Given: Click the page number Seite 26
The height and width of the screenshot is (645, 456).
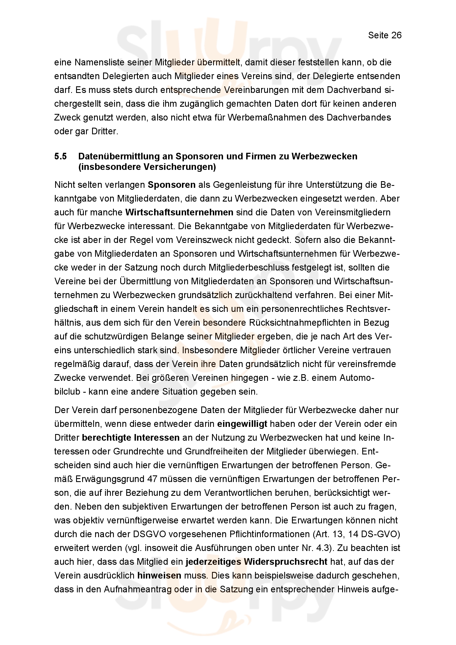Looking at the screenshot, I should tap(385, 35).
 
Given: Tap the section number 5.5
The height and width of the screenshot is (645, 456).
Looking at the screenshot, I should tap(60, 156).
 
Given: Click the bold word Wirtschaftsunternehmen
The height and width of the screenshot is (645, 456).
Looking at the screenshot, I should tap(179, 212).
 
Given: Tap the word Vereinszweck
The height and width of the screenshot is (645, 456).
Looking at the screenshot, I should tap(204, 240).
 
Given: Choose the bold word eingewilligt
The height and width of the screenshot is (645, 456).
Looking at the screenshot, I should tap(242, 424).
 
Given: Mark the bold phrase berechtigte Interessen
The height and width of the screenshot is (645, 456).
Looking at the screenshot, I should tap(131, 438).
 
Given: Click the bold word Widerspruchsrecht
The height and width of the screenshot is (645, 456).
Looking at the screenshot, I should tap(286, 561).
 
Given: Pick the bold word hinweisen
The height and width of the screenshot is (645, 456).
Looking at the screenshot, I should tap(159, 575).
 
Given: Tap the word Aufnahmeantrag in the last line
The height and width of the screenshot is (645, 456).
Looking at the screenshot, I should tap(138, 589).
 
